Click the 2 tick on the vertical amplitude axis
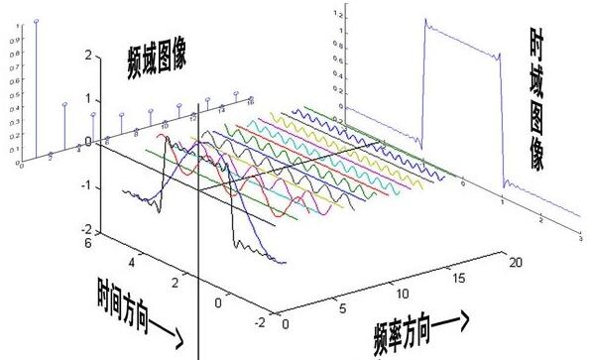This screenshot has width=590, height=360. (87, 58)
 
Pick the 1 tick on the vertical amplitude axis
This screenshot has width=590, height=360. (87, 100)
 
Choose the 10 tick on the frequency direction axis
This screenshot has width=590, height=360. (401, 294)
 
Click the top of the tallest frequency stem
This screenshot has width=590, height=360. (37, 20)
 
